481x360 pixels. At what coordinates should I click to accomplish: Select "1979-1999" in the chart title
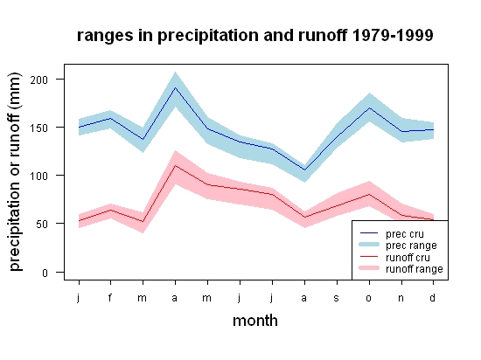[393, 35]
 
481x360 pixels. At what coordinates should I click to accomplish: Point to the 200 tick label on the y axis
[39, 80]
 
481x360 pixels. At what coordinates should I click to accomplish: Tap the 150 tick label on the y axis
[39, 128]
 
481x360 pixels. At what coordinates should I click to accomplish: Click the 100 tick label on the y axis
[39, 177]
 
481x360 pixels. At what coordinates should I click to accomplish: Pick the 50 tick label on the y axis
[42, 224]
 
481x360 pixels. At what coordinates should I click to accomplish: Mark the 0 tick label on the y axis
[45, 273]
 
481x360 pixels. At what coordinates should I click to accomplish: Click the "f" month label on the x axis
[110, 297]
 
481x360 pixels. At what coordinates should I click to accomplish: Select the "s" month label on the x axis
[336, 298]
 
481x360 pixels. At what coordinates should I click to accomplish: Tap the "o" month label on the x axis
[369, 298]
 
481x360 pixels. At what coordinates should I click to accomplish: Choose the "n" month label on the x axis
[401, 298]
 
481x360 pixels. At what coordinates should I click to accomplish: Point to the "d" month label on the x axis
[432, 297]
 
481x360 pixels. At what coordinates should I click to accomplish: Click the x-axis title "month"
[255, 321]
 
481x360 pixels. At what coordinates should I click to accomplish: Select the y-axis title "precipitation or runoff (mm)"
[15, 172]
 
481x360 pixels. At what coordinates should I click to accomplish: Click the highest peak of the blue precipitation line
[175, 87]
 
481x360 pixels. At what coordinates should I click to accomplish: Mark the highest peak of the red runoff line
[175, 165]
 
